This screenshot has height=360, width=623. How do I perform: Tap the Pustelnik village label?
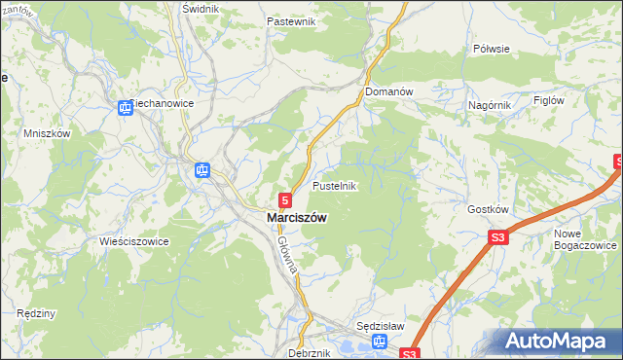(337, 185)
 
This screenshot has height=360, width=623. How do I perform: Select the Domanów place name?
(389, 91)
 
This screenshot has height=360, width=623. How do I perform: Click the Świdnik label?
(202, 8)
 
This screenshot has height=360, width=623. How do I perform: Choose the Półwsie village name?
(492, 48)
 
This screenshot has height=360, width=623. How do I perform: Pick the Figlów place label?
(550, 100)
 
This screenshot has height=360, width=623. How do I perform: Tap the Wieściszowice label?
(133, 240)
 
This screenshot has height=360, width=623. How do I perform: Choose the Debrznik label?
(310, 353)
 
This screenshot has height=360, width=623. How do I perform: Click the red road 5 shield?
(284, 198)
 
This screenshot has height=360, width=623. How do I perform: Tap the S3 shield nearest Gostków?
(498, 237)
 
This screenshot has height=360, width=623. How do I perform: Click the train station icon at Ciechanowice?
(126, 108)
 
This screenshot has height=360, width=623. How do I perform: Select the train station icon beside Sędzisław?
(380, 342)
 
